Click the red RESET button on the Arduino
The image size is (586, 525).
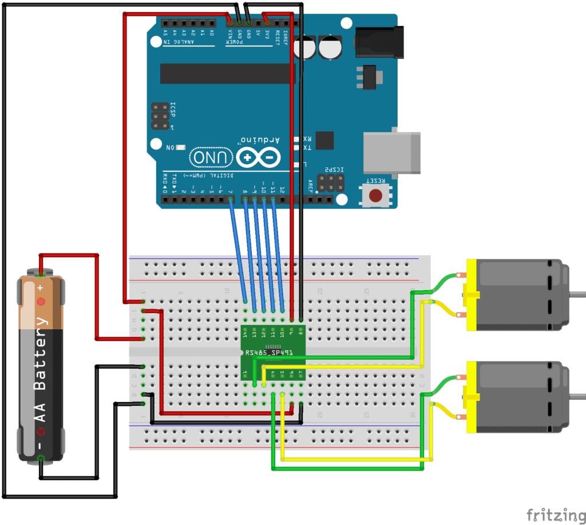375,195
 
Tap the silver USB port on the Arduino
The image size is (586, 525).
391,152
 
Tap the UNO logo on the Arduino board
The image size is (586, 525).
211,156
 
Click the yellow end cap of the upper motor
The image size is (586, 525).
472,295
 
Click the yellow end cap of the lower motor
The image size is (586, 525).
472,397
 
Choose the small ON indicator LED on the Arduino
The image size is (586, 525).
181,148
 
